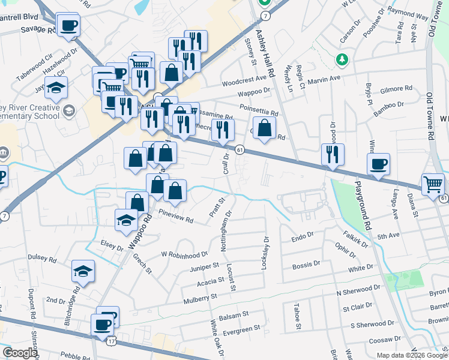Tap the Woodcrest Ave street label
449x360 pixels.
click(x=243, y=79)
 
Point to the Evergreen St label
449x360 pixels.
click(x=241, y=328)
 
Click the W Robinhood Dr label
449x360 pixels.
click(x=184, y=254)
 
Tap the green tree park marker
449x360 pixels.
click(x=342, y=59)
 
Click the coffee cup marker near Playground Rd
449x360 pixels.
click(x=378, y=164)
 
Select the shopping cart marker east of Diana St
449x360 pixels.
click(x=433, y=184)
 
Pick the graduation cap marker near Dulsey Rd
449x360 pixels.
click(x=83, y=271)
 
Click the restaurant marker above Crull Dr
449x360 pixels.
click(x=222, y=130)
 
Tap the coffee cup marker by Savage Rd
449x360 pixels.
click(x=68, y=26)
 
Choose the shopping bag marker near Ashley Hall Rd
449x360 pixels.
click(x=264, y=128)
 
